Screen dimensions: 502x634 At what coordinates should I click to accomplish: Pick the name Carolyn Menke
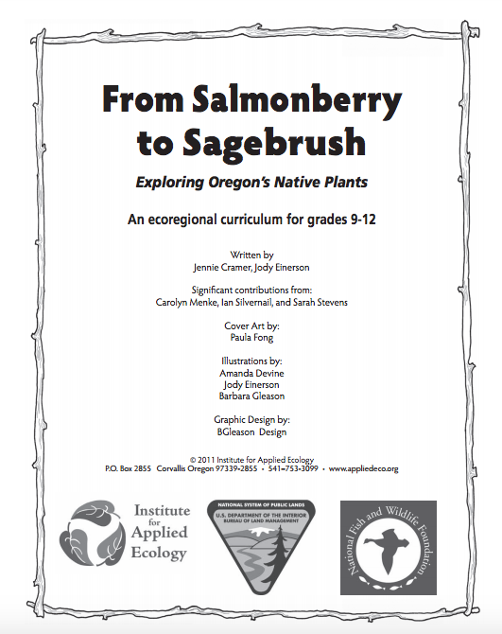pos(185,302)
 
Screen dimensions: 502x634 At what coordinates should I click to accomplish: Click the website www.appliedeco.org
pos(365,468)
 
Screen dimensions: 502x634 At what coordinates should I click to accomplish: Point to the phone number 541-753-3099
pos(292,468)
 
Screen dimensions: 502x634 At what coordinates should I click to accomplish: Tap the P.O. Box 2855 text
pos(128,468)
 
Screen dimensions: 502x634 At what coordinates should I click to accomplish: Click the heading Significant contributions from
pos(251,291)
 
